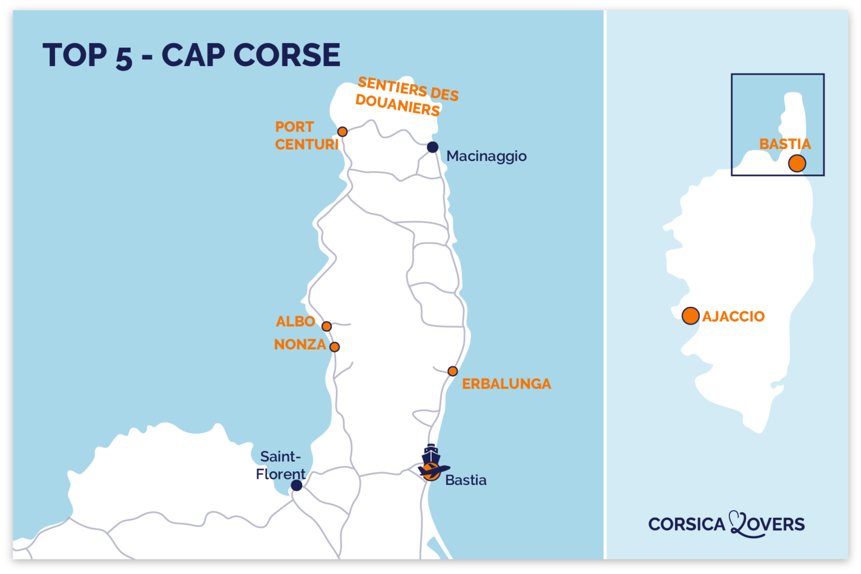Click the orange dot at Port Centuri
coord(342,132)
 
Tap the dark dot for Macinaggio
coord(432,147)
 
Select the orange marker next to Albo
coord(327,326)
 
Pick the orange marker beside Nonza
coord(335,347)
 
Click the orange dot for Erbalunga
coord(453,371)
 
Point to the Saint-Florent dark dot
coord(297,485)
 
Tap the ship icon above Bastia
coord(430,454)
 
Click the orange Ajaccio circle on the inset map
coord(691,316)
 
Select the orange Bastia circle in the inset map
coord(797,164)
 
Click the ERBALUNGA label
coord(506,384)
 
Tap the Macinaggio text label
coord(486,156)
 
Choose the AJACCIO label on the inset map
coord(733,317)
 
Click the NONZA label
coord(300,345)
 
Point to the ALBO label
coord(295,322)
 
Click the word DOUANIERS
coord(397,105)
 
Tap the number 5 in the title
coord(124,57)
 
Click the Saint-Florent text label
coord(281,465)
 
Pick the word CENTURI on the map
coord(307,145)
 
